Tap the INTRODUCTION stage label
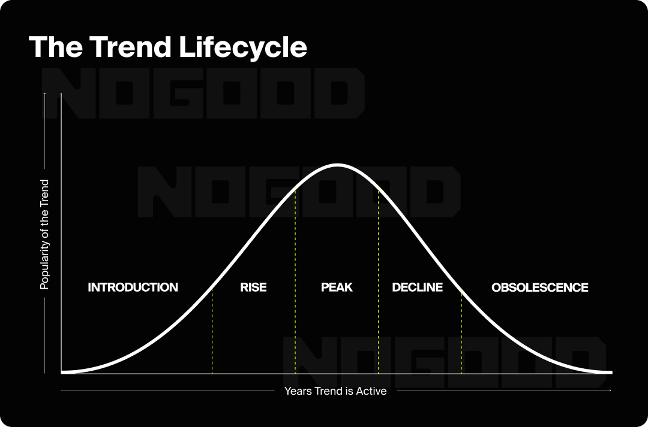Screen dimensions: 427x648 133,287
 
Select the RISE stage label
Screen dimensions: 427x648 253,287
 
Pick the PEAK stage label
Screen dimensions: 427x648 337,287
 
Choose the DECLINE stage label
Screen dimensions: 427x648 417,287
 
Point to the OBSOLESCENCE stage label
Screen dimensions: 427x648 539,287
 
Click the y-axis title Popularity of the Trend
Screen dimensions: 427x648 44,234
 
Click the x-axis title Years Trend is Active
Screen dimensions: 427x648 335,391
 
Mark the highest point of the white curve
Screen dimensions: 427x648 337,165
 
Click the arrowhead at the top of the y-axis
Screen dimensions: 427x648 44,93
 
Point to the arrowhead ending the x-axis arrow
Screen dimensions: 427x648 610,390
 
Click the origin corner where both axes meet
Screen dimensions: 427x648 62,373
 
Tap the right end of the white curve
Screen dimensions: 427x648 611,373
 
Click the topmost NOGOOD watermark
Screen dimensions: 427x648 203,92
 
